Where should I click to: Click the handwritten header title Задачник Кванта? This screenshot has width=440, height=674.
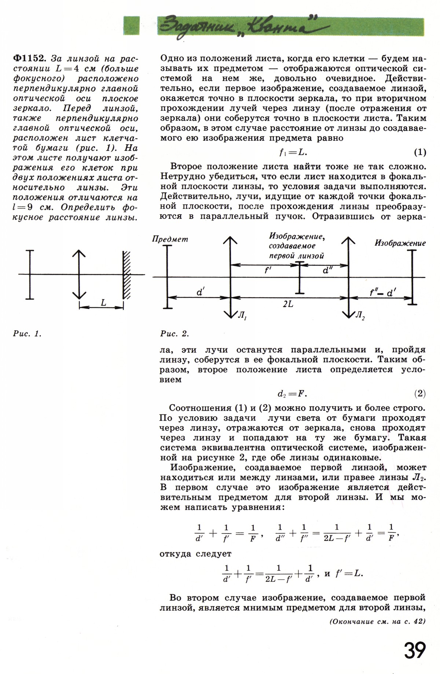click(238, 25)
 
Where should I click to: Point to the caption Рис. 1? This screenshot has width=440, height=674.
click(27, 334)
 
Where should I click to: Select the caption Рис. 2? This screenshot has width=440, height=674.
click(175, 334)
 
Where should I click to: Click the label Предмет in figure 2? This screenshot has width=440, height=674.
click(170, 239)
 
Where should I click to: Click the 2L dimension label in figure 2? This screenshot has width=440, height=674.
click(288, 304)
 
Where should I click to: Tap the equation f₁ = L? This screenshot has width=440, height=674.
click(293, 152)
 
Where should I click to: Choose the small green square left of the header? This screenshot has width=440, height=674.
click(131, 25)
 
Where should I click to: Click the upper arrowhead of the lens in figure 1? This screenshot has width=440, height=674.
click(79, 254)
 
